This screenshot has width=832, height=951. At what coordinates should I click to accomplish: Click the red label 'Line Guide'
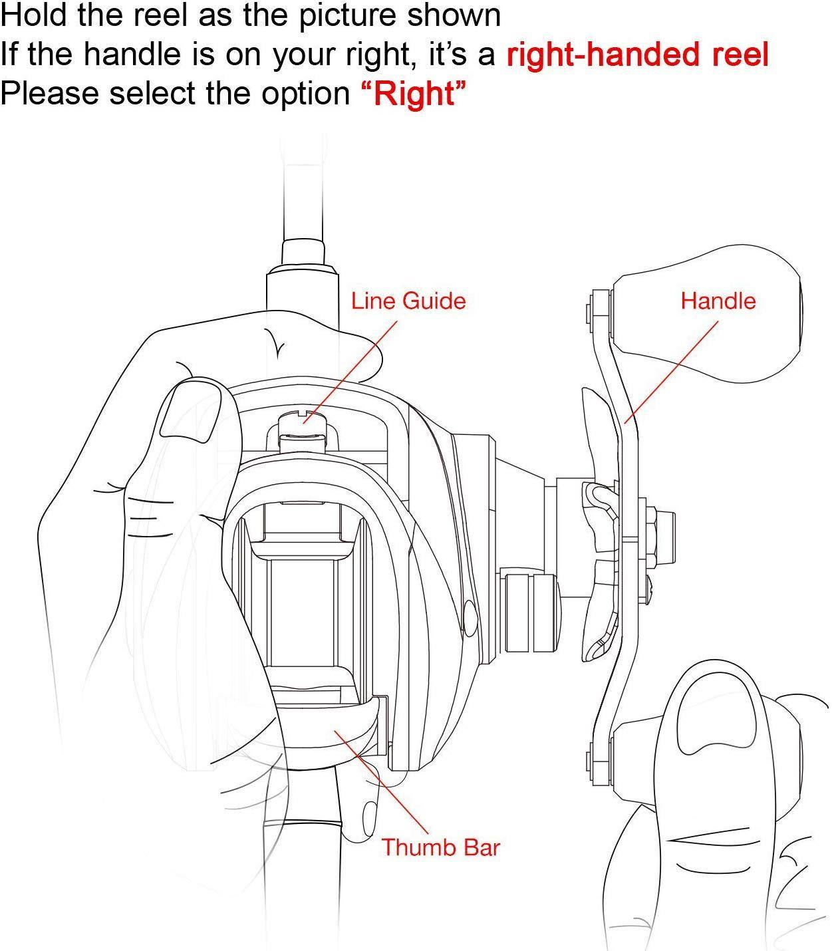point(408,301)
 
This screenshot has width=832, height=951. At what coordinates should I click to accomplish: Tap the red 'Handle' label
point(718,301)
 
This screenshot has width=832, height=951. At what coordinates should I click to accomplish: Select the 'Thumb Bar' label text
point(441,847)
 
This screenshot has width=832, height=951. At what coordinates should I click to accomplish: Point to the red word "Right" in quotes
point(414,93)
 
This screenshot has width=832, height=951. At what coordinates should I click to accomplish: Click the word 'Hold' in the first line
point(35,15)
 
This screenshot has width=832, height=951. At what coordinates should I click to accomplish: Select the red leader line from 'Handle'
point(672,372)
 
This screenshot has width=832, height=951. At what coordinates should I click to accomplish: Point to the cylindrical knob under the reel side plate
point(532,612)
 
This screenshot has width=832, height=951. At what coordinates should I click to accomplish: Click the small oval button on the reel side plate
point(470,618)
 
